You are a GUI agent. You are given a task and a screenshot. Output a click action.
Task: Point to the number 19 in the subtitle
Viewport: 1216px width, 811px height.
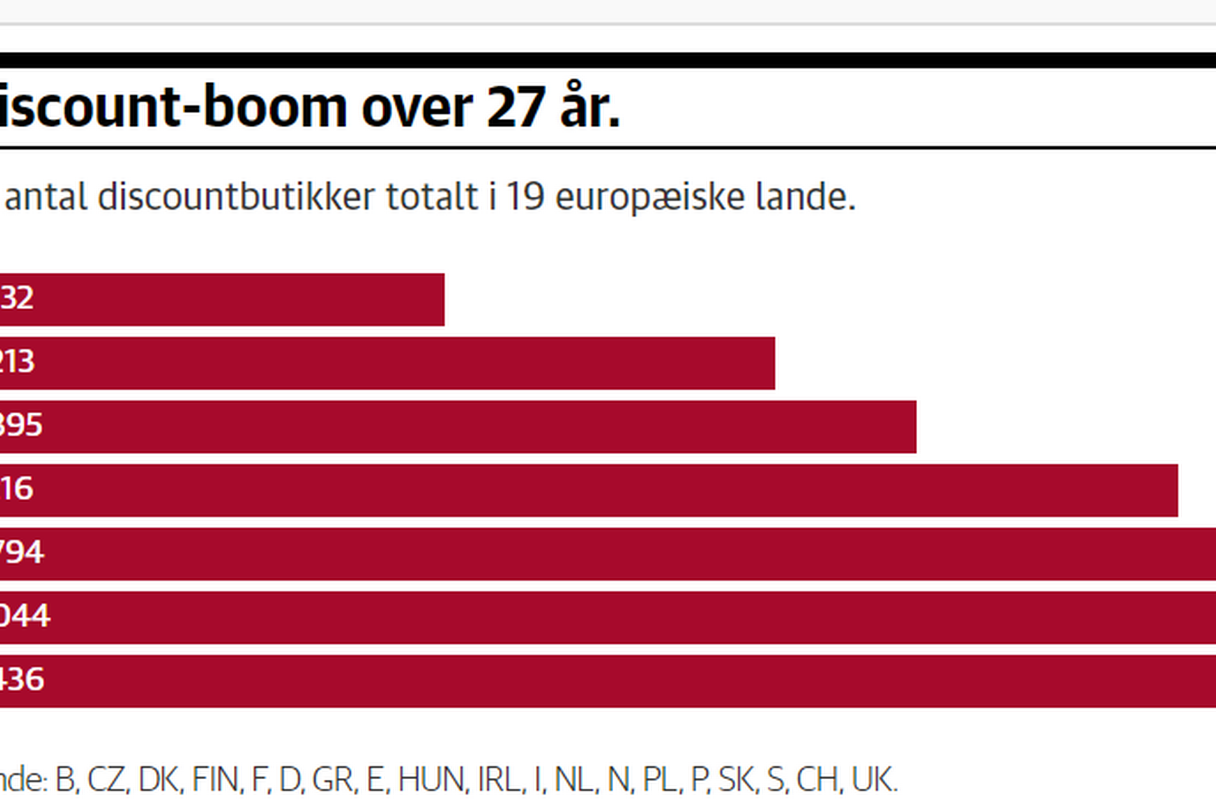coord(525,197)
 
